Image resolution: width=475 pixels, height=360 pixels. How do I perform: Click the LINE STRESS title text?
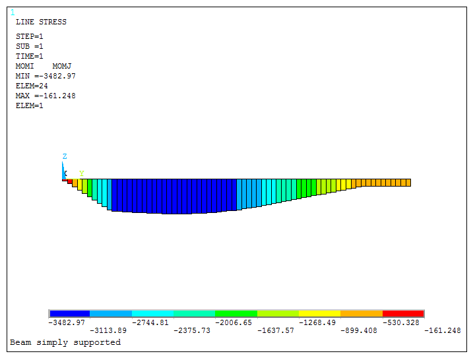pyautogui.click(x=41, y=22)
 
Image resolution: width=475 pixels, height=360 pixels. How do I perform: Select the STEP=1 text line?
pyautogui.click(x=30, y=36)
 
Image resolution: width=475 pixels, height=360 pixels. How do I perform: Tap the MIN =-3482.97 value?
pyautogui.click(x=46, y=76)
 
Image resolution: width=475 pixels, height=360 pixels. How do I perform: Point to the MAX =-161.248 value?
pyautogui.click(x=46, y=96)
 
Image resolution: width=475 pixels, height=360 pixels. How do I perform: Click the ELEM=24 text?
pyautogui.click(x=32, y=86)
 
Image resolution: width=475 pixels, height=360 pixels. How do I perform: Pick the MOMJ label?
pyautogui.click(x=61, y=66)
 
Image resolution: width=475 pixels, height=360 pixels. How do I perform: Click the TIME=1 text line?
pyautogui.click(x=30, y=56)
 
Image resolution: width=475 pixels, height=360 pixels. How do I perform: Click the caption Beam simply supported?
pyautogui.click(x=65, y=342)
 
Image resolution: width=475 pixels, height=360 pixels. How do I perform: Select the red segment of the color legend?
pyautogui.click(x=403, y=314)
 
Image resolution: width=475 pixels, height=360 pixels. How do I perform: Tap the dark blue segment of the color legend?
pyautogui.click(x=69, y=314)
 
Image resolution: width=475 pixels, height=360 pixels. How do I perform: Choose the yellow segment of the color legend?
pyautogui.click(x=319, y=314)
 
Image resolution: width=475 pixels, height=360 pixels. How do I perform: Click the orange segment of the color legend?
pyautogui.click(x=362, y=314)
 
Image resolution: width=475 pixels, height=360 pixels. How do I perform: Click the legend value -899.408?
pyautogui.click(x=359, y=330)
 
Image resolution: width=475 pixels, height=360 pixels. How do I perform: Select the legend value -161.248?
pyautogui.click(x=443, y=330)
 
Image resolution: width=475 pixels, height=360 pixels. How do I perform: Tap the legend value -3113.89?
pyautogui.click(x=108, y=330)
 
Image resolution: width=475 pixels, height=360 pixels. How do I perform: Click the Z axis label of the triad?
pyautogui.click(x=65, y=156)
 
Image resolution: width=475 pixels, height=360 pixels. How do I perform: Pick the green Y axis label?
pyautogui.click(x=82, y=174)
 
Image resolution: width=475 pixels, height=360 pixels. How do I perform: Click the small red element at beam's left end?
pyautogui.click(x=70, y=181)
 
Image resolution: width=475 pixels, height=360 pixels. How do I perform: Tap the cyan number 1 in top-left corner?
pyautogui.click(x=13, y=13)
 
